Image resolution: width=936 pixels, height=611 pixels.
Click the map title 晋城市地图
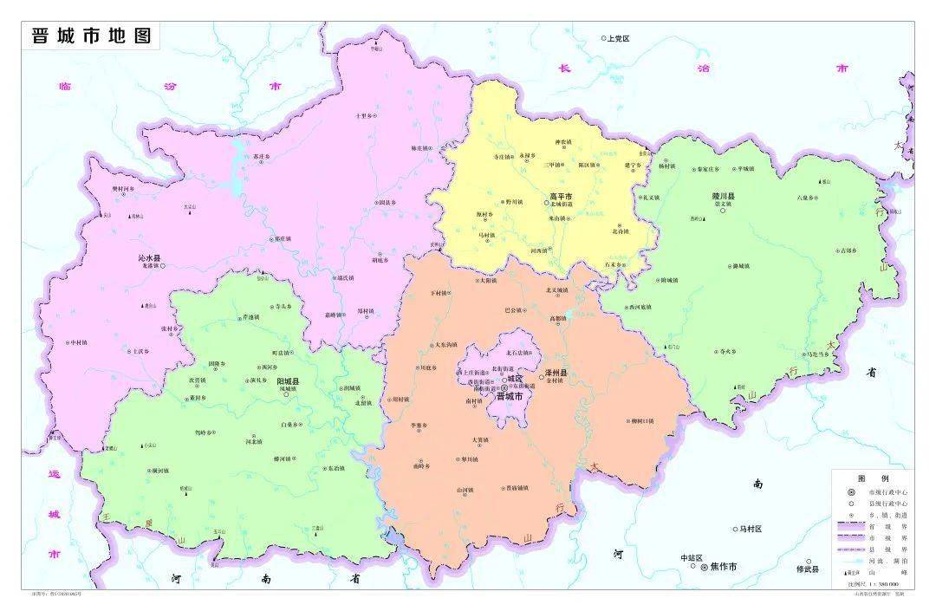pyautogui.click(x=91, y=36)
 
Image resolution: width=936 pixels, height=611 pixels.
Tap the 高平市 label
pyautogui.click(x=561, y=197)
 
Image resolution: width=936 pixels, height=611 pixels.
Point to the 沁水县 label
pyautogui.click(x=149, y=258)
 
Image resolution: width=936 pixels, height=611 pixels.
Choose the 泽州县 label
pyautogui.click(x=556, y=374)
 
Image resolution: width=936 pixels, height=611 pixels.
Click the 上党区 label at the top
pyautogui.click(x=618, y=39)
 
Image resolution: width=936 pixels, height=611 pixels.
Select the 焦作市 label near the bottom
pyautogui.click(x=723, y=567)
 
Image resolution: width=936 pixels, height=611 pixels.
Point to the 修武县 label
pyautogui.click(x=807, y=569)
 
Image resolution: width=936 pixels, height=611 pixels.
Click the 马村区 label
pyautogui.click(x=748, y=529)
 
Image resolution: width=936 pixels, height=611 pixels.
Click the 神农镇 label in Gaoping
pyautogui.click(x=563, y=142)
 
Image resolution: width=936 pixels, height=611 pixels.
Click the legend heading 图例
pyautogui.click(x=868, y=478)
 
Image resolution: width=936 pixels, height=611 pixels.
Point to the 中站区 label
pyautogui.click(x=691, y=558)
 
